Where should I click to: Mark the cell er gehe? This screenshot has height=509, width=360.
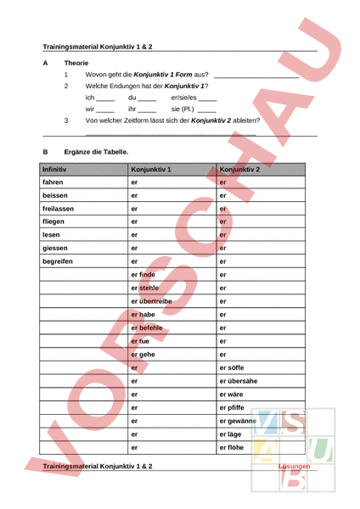click(x=143, y=354)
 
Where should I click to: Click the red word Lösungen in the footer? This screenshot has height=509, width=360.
click(x=295, y=467)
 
